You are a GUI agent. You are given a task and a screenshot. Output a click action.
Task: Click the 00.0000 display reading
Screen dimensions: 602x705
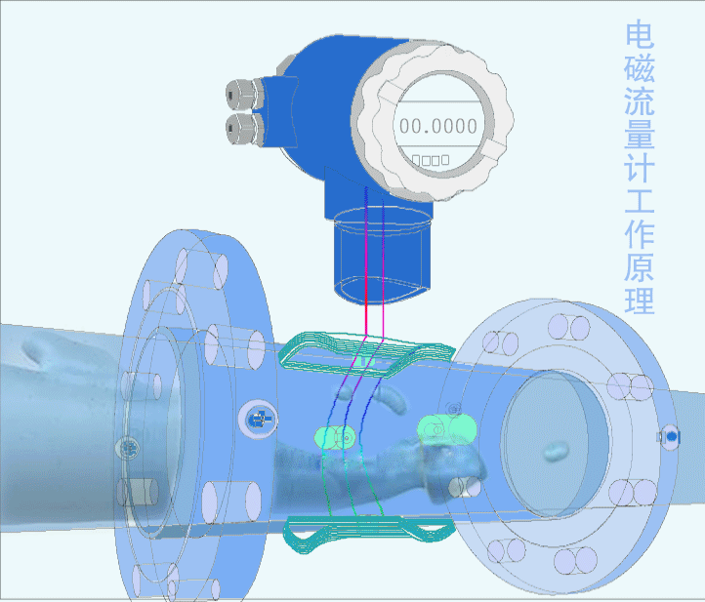click(438, 126)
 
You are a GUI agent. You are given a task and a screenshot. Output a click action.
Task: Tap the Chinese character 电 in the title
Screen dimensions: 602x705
click(640, 37)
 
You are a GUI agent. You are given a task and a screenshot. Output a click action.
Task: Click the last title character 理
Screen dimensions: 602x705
click(640, 301)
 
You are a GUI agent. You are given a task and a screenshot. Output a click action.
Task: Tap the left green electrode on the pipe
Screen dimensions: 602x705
click(333, 438)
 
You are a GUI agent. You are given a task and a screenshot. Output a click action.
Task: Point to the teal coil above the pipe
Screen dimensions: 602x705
click(366, 353)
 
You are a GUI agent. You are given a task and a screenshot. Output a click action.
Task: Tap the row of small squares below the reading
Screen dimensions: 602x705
click(431, 158)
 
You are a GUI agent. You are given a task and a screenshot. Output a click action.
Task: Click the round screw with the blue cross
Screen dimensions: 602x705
click(259, 421)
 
